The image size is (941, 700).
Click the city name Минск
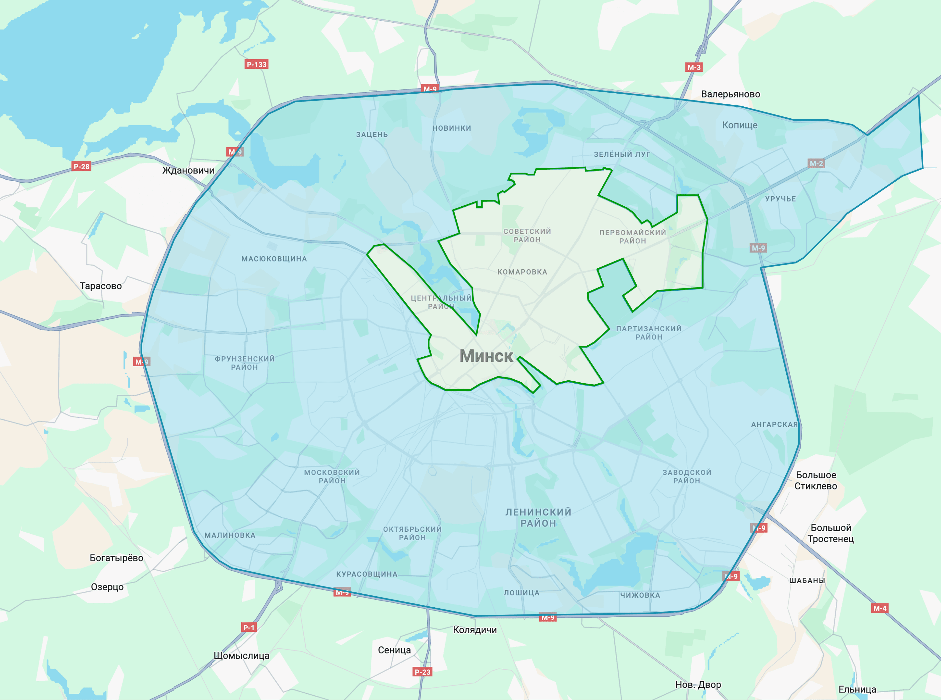486,356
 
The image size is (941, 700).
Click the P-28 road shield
81,166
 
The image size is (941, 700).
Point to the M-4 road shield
879,608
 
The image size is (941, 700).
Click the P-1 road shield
249,627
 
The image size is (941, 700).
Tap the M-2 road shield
816,163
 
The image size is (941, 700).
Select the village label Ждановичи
188,170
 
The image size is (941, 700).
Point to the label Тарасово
101,286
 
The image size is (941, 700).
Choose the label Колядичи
474,630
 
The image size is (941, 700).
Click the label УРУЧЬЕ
780,199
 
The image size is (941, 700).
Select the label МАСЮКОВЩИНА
274,259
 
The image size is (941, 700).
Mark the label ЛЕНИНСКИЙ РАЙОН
538,517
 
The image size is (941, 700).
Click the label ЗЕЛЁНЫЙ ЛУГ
621,154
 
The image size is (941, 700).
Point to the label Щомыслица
241,655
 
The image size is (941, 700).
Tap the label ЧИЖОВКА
640,595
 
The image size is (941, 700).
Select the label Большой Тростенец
830,533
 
